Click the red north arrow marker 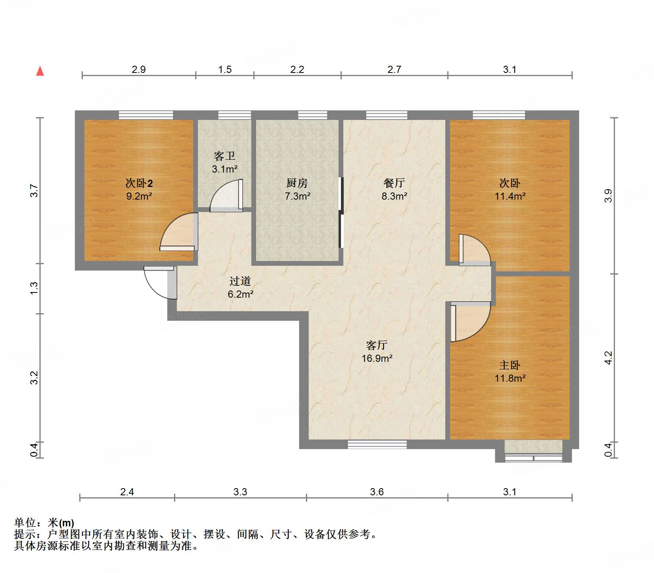point(40,71)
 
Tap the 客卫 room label point(224,156)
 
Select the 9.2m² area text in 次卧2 point(139,196)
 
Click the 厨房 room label point(297,183)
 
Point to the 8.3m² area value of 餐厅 point(394,196)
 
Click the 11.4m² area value point(510,196)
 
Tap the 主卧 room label point(509,365)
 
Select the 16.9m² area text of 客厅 point(377,358)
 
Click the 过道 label point(240,281)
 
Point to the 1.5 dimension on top point(225,70)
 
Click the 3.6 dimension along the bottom point(376,492)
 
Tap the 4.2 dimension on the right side point(608,357)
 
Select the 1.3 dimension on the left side point(34,288)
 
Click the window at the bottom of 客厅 point(377,444)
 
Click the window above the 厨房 point(313,115)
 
